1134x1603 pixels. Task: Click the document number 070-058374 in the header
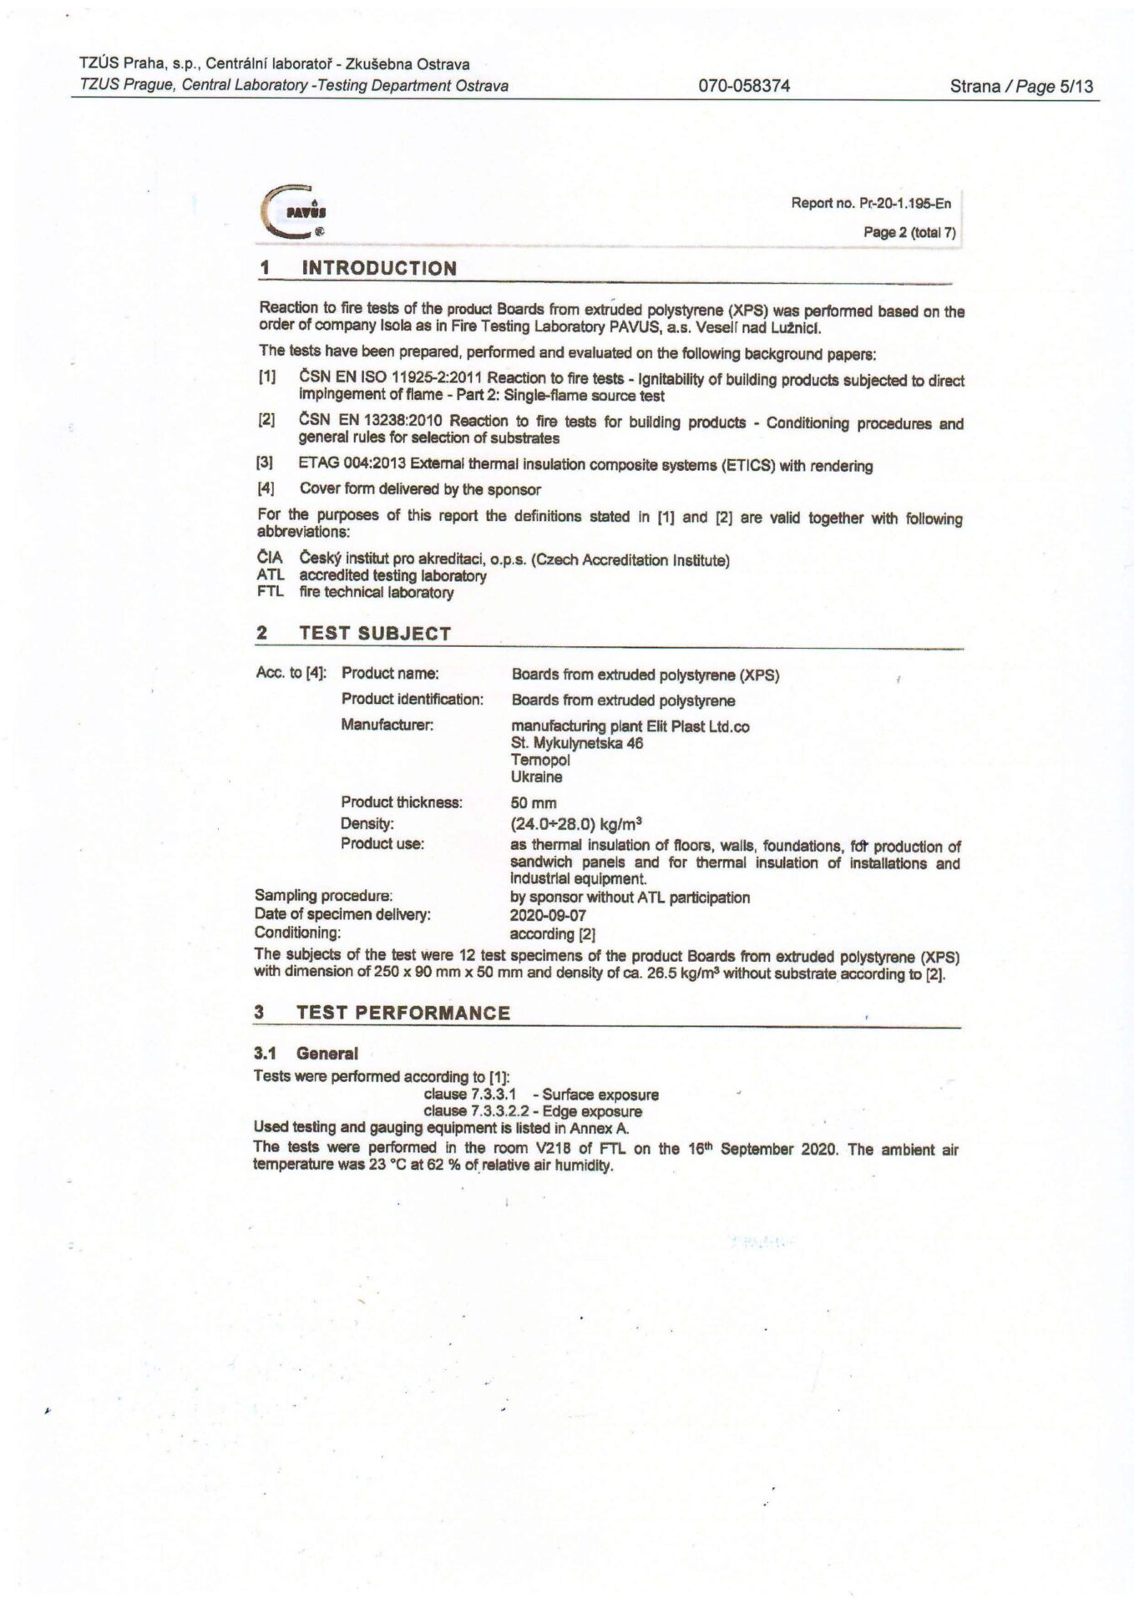pos(743,86)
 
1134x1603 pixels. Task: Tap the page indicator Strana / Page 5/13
pos(1020,86)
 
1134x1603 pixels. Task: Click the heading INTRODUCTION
pos(378,269)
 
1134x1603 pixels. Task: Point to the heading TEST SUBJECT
pos(374,634)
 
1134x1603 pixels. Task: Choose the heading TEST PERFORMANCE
pos(402,1013)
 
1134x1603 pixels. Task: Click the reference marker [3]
pos(266,464)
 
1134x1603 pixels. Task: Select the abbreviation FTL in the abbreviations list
pos(271,593)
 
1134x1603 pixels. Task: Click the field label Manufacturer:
pos(387,725)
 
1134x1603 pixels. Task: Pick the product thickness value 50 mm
pos(534,803)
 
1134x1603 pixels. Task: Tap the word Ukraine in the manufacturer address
pos(536,777)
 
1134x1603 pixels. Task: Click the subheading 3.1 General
pos(306,1054)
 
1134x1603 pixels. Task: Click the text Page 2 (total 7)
pos(909,233)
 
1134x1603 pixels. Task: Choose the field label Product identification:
pos(412,699)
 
